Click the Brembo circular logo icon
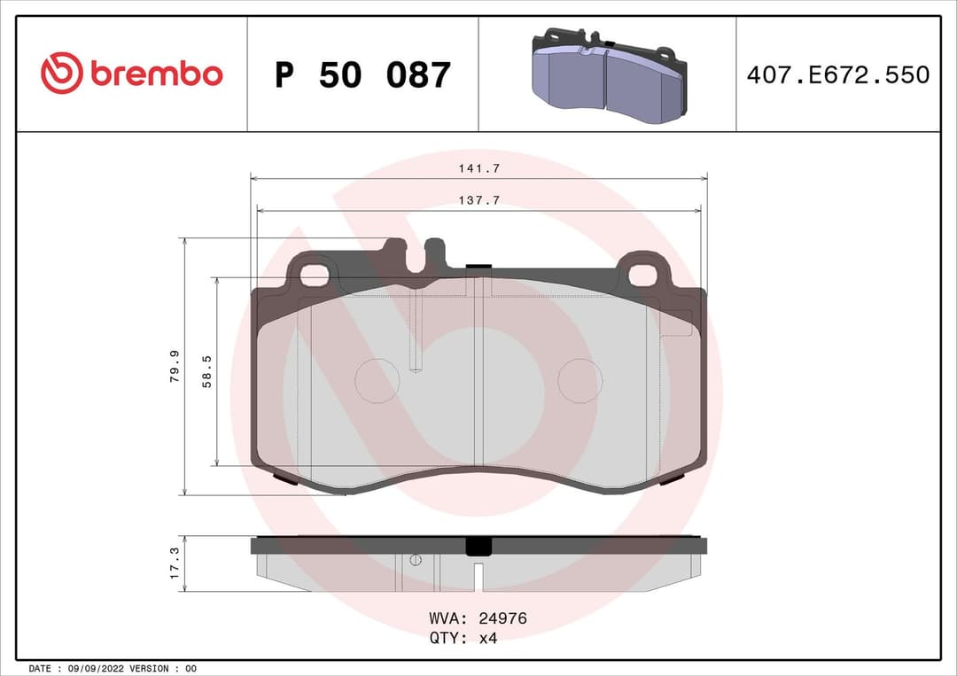(62, 74)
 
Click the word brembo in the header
(156, 74)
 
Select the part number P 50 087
(362, 75)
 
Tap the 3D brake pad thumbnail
(609, 76)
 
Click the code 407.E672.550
(837, 74)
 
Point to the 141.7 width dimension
(479, 167)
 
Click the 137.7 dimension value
(479, 200)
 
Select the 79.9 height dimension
(175, 366)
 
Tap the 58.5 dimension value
(207, 371)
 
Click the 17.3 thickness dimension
(175, 563)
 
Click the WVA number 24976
(502, 618)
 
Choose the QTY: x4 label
(463, 639)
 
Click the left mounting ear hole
(314, 276)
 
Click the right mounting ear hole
(642, 276)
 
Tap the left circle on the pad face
(377, 380)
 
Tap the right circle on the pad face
(580, 380)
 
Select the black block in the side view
(478, 546)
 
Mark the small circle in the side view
(416, 559)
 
